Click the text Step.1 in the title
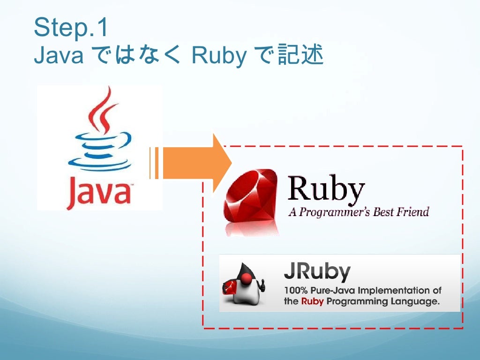tap(71, 28)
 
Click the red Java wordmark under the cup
tap(98, 193)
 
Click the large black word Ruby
tap(326, 188)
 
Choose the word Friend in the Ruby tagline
tap(412, 211)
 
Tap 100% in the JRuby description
tap(295, 291)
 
